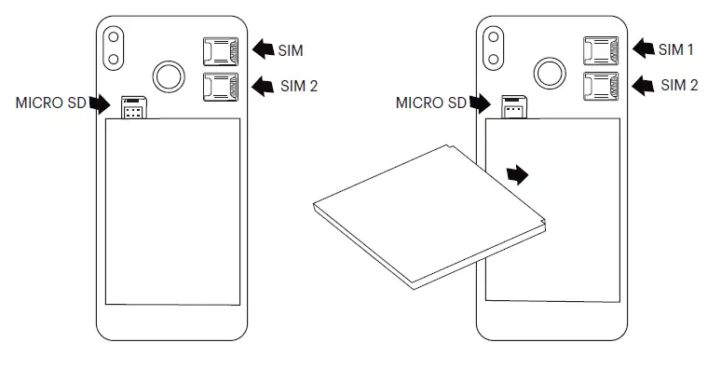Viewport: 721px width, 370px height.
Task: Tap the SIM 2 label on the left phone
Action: (x=299, y=86)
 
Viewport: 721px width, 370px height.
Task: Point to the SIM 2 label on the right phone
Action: (x=679, y=85)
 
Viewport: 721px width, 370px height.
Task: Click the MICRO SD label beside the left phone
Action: (x=51, y=103)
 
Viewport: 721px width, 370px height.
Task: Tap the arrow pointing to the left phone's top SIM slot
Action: (x=265, y=47)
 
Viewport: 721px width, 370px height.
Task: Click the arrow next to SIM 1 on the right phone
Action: (x=645, y=48)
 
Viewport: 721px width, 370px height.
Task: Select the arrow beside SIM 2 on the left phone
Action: (x=265, y=86)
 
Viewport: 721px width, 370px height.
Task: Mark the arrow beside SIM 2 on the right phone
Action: (x=645, y=86)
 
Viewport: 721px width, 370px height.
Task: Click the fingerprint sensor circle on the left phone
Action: (x=169, y=74)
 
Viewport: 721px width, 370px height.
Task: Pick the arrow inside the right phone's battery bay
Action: (x=517, y=173)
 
